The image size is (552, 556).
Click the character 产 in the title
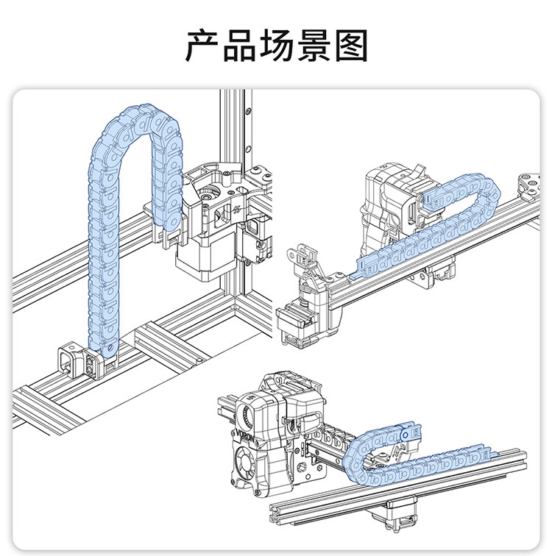click(x=202, y=46)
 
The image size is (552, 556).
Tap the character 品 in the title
click(x=239, y=46)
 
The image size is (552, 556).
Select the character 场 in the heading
click(x=276, y=46)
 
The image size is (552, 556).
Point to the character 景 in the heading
click(x=313, y=46)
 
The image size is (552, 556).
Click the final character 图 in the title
click(x=350, y=46)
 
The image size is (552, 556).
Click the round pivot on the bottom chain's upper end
click(x=406, y=436)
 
